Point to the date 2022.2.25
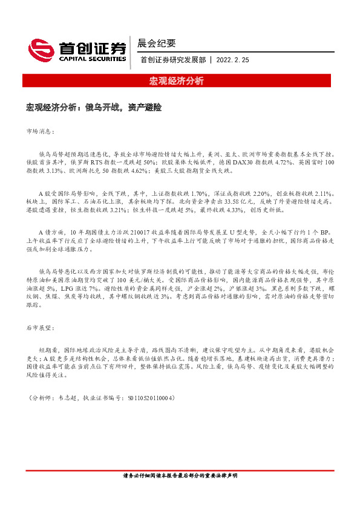pyautogui.click(x=232, y=60)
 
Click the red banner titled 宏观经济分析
pyautogui.click(x=177, y=81)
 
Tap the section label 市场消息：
pyautogui.click(x=41, y=131)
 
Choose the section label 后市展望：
pyautogui.click(x=41, y=327)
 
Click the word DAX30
pyautogui.click(x=244, y=163)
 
